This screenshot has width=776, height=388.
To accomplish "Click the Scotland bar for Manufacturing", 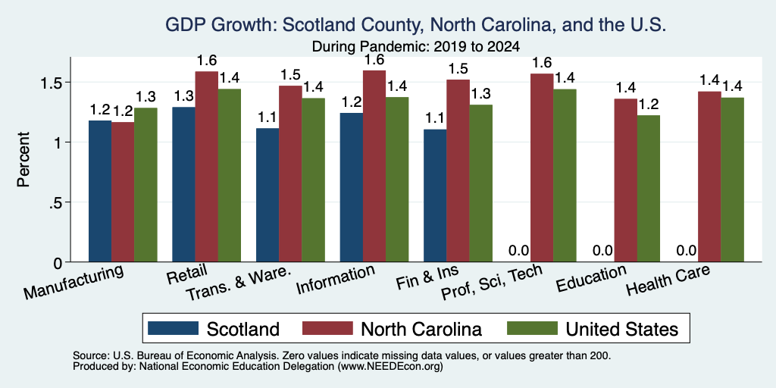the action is click(x=100, y=191).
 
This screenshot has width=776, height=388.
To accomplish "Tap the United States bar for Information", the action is click(x=397, y=179).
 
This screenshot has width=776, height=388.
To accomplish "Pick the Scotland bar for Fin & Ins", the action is click(x=435, y=196).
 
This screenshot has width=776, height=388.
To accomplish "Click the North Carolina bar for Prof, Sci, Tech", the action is click(x=541, y=167).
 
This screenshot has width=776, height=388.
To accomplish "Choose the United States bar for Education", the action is click(x=648, y=189).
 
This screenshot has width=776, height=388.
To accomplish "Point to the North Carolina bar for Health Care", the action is click(x=709, y=177).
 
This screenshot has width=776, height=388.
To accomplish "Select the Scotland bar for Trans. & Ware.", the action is click(x=268, y=195).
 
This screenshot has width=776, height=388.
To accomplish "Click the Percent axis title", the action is click(x=23, y=159).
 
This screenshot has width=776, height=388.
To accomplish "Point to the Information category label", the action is click(x=335, y=280).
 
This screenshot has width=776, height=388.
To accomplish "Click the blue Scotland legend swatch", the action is click(x=174, y=328).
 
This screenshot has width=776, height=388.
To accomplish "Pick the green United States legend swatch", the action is click(x=533, y=328).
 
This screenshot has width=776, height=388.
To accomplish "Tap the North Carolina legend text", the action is click(x=421, y=329).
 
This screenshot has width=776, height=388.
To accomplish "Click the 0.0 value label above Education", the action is click(x=602, y=250).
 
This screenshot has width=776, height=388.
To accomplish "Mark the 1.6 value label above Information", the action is click(x=374, y=59).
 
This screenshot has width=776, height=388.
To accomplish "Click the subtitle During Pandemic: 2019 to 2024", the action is click(x=416, y=47).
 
